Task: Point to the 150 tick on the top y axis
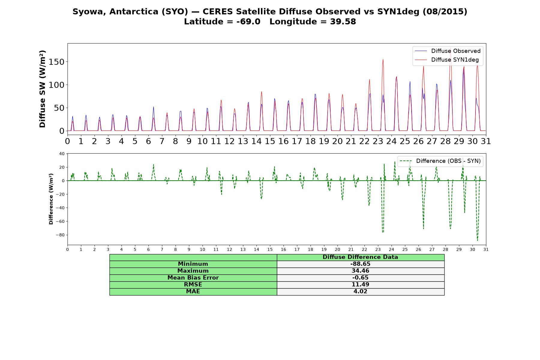click(57, 62)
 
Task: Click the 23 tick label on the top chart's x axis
click(378, 141)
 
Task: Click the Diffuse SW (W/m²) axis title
click(42, 89)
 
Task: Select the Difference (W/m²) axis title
click(51, 199)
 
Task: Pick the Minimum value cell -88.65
click(360, 264)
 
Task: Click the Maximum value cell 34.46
click(360, 271)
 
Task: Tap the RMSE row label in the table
click(193, 284)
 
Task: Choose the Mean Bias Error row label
click(193, 278)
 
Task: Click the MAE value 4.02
click(360, 291)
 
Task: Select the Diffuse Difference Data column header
click(360, 257)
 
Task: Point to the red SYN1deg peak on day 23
click(383, 59)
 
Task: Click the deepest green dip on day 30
click(477, 240)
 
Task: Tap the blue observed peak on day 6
click(154, 107)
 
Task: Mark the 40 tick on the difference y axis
click(62, 154)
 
